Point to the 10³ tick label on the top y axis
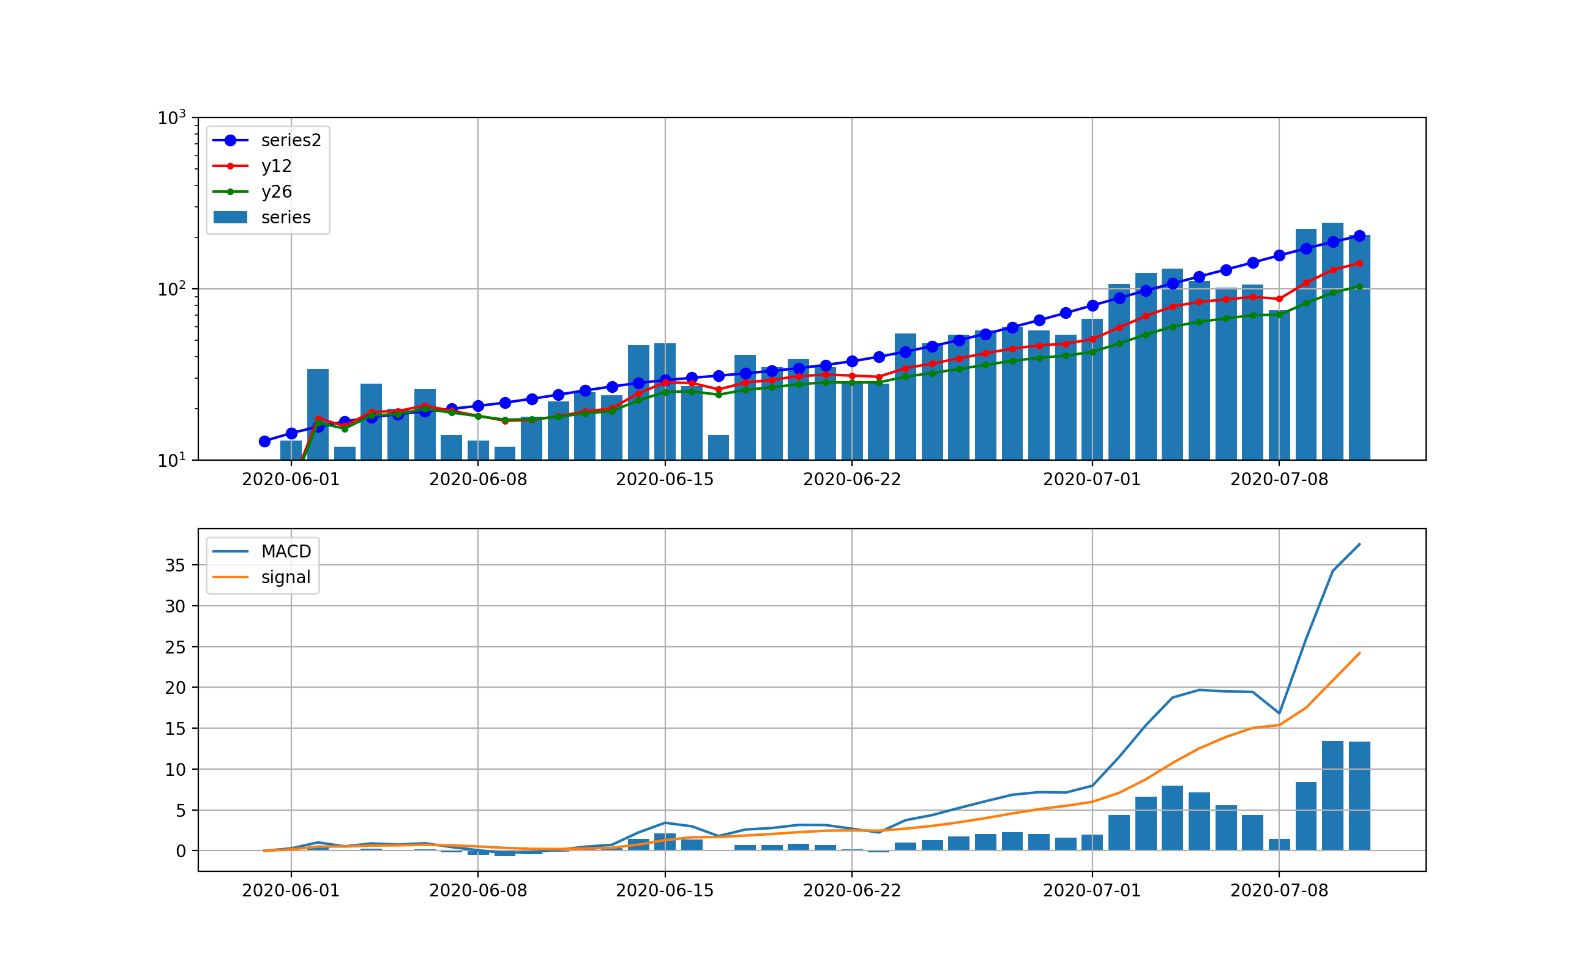point(171,119)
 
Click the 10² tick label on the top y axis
point(171,289)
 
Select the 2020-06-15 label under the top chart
point(665,480)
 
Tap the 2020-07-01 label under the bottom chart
point(1092,891)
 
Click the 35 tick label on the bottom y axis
point(175,566)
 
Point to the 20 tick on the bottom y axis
point(175,688)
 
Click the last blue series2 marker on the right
point(1359,236)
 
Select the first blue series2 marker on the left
point(264,442)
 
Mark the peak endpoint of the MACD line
point(1359,544)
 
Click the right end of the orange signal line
point(1359,653)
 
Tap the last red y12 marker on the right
point(1359,264)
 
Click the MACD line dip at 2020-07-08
point(1279,713)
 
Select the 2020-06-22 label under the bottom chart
point(851,891)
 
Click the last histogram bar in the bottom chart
point(1359,796)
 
